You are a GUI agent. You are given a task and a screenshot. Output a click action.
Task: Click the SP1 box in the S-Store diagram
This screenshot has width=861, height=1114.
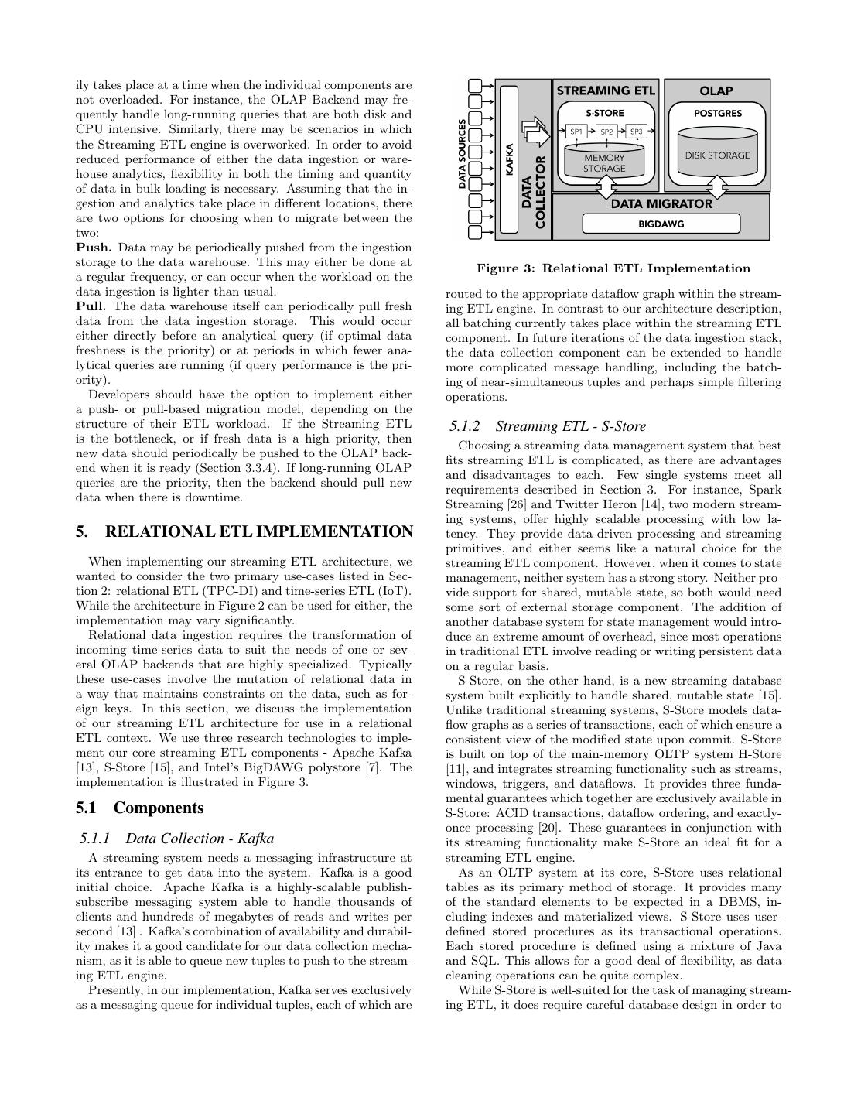(576, 132)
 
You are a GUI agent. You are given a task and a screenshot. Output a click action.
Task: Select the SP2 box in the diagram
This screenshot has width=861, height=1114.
(606, 132)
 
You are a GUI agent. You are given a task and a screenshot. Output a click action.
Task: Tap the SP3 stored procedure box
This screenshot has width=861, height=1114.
(636, 132)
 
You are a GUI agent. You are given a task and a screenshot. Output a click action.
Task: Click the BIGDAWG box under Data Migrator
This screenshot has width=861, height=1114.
(661, 224)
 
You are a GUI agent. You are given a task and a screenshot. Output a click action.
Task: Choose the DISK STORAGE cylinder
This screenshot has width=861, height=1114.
(717, 155)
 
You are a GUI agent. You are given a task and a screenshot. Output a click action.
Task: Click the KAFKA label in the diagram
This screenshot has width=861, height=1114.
(509, 160)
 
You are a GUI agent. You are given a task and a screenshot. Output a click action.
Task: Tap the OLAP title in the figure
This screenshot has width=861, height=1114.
(716, 91)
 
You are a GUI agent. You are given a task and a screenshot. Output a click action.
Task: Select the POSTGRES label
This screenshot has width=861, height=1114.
(717, 113)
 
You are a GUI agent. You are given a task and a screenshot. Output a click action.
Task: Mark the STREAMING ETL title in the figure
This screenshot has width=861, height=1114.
(606, 91)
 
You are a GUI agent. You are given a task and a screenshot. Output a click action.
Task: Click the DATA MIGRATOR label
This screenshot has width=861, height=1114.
(661, 204)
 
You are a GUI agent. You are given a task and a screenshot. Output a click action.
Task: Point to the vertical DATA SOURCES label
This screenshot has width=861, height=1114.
(462, 154)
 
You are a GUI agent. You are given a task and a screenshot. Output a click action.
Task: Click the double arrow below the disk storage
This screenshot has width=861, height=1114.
(719, 186)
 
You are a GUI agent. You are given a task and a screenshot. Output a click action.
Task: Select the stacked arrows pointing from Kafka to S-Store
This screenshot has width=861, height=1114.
(535, 132)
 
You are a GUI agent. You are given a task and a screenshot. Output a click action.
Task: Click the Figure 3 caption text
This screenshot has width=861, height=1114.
(613, 268)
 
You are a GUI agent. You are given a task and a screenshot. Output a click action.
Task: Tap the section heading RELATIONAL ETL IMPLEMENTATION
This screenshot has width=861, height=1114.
(244, 531)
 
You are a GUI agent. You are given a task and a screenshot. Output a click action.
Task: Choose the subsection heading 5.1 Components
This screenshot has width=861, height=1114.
(140, 808)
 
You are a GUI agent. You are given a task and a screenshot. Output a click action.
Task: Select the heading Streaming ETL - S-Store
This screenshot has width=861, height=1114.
(547, 426)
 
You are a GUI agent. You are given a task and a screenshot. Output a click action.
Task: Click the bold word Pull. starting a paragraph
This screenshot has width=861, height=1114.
(91, 306)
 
